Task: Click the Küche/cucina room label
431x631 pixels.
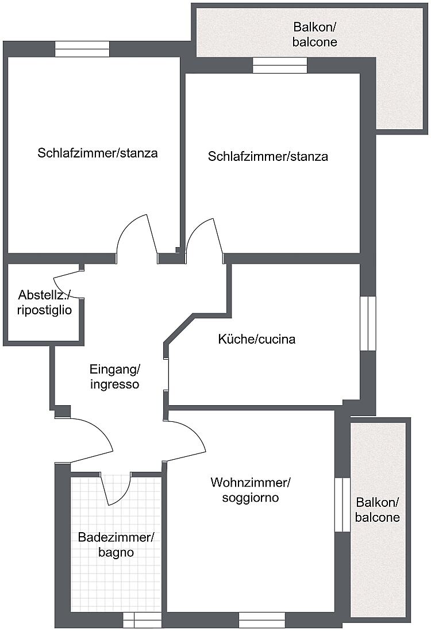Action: [x=257, y=339]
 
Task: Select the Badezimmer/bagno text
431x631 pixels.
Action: [x=116, y=545]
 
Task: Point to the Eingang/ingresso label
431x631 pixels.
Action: [x=115, y=376]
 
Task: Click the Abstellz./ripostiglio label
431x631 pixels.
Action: [x=45, y=303]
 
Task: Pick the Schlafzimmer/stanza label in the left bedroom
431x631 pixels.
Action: [x=98, y=153]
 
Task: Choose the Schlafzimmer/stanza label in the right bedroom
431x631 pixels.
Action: [x=268, y=156]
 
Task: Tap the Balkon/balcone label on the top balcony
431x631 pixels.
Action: [x=315, y=34]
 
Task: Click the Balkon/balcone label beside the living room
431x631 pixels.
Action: [x=377, y=509]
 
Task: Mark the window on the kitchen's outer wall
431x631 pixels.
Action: [x=367, y=323]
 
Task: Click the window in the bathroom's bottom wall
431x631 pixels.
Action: [x=143, y=620]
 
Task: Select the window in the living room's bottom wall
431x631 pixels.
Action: [x=261, y=620]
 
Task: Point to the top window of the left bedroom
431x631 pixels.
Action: [x=82, y=49]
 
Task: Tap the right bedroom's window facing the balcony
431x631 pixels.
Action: [x=280, y=66]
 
